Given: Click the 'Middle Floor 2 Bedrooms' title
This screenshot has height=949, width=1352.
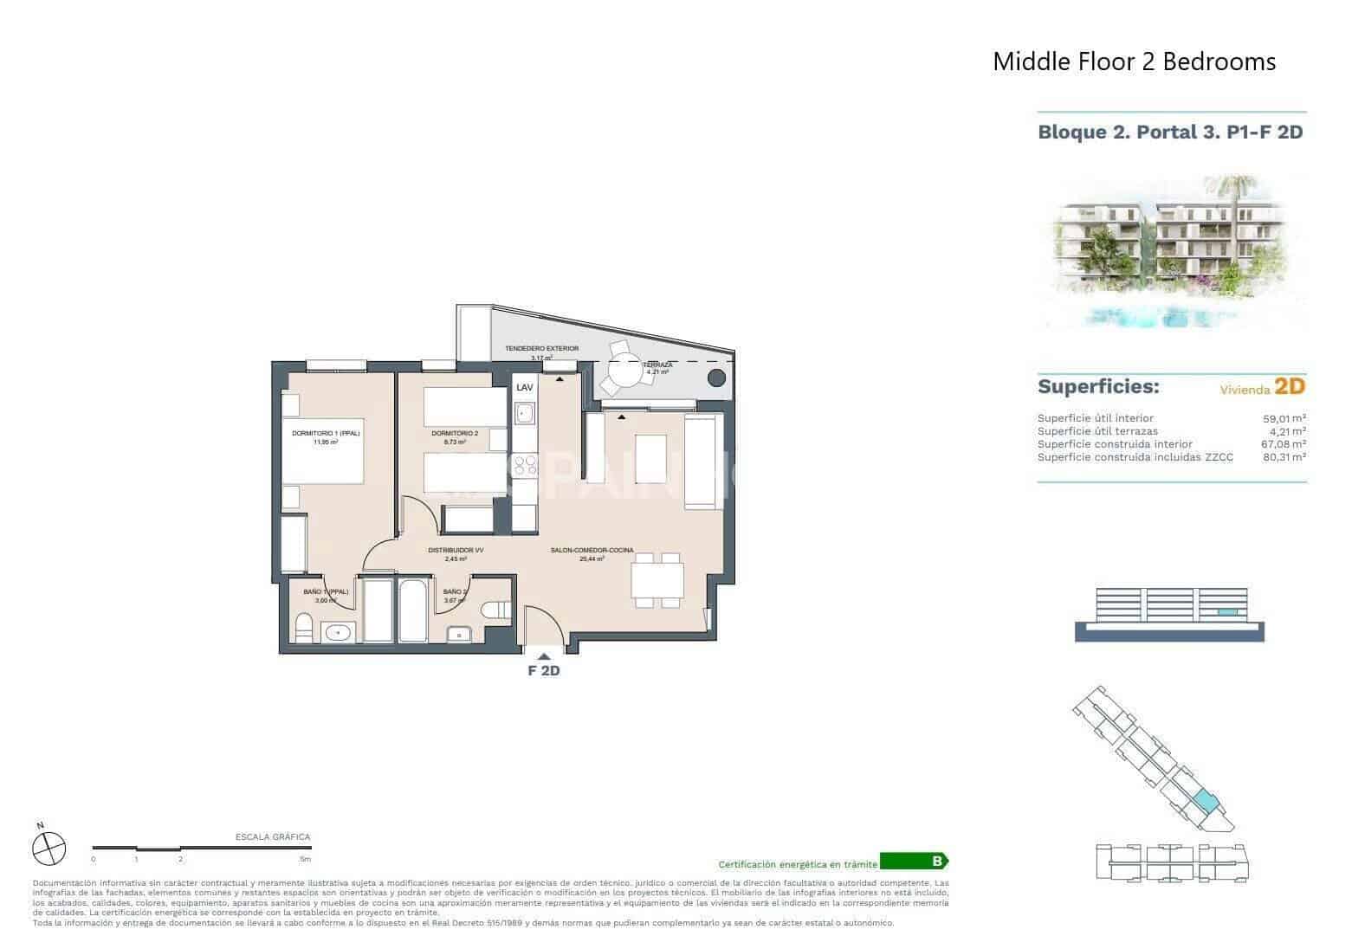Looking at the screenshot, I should click(1134, 61).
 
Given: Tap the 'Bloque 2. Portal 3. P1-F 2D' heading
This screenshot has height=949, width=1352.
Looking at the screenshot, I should click(1170, 132).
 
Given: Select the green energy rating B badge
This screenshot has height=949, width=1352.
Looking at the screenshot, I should click(914, 862).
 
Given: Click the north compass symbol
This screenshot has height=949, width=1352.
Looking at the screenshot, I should click(49, 847).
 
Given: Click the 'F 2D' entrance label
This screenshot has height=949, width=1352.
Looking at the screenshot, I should click(544, 669).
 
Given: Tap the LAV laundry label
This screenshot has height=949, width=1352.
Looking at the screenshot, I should click(525, 388).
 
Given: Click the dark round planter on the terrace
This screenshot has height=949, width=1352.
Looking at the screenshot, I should click(716, 378).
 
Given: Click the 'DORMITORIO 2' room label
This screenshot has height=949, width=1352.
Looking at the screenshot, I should click(455, 433).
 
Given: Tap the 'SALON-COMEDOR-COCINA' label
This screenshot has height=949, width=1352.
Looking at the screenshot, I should click(592, 550).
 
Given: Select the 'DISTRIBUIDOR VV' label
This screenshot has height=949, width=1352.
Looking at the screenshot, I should click(456, 550).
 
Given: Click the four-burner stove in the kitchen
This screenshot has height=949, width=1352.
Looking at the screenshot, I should click(524, 466).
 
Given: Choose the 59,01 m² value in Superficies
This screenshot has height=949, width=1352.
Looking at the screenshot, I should click(1284, 418).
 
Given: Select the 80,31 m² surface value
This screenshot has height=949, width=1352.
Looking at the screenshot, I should click(1284, 457).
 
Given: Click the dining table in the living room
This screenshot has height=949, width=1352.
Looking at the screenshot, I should click(657, 579).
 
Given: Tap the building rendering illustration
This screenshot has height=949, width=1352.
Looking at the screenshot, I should click(1171, 251).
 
